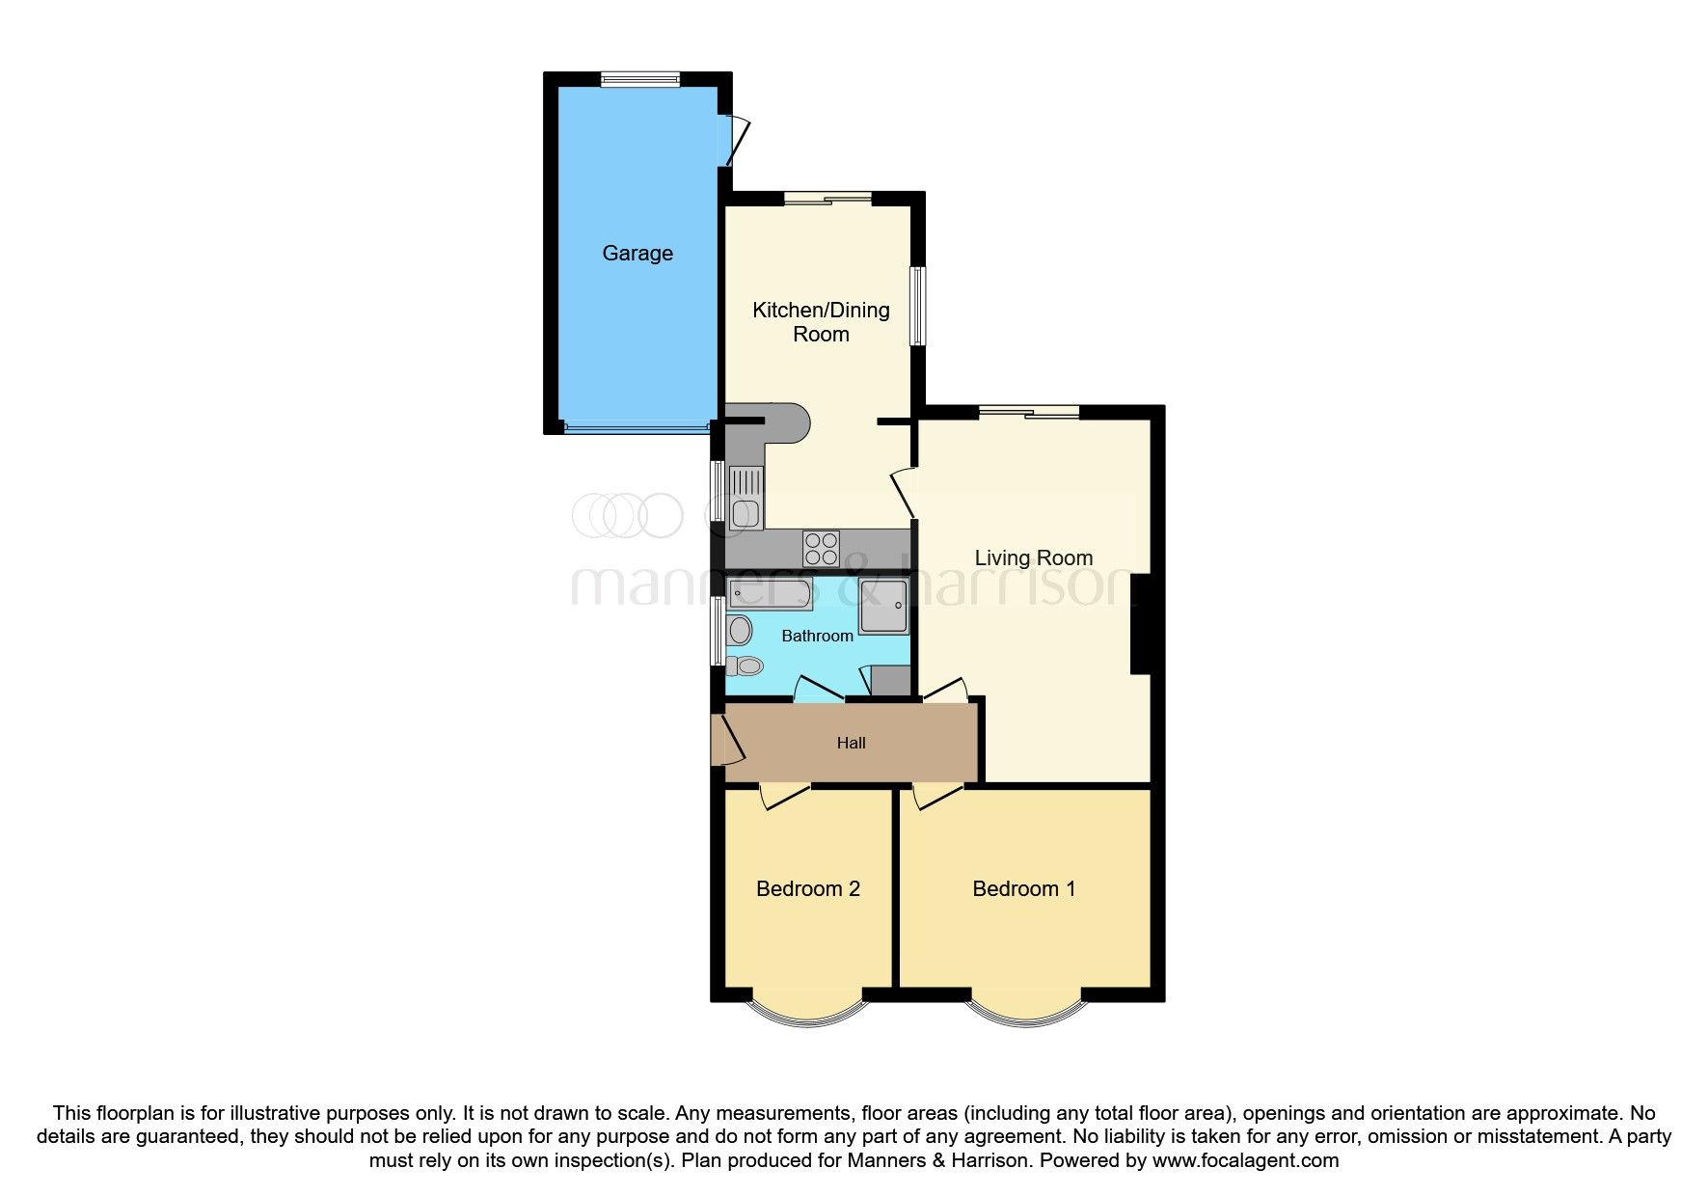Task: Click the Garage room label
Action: [637, 253]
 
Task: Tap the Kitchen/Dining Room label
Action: [821, 321]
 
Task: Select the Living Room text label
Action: [1033, 557]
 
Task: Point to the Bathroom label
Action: [817, 636]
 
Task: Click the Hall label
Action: [851, 743]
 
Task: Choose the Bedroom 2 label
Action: [807, 888]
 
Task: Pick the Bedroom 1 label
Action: [1023, 888]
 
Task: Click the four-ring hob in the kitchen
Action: [821, 549]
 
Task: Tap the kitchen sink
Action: [746, 497]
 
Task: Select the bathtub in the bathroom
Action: [771, 593]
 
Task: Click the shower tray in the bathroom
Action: [883, 607]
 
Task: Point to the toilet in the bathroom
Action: [745, 666]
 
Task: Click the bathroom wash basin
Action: [740, 631]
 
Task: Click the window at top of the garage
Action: [639, 80]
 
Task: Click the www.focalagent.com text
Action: [1245, 1160]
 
